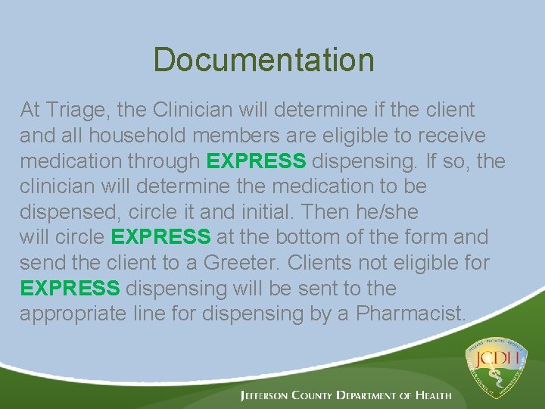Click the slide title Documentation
pos(263,60)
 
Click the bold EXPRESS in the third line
pos(256,161)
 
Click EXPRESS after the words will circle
pos(160,238)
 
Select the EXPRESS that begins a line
pos(70,289)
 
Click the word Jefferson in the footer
pos(268,395)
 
